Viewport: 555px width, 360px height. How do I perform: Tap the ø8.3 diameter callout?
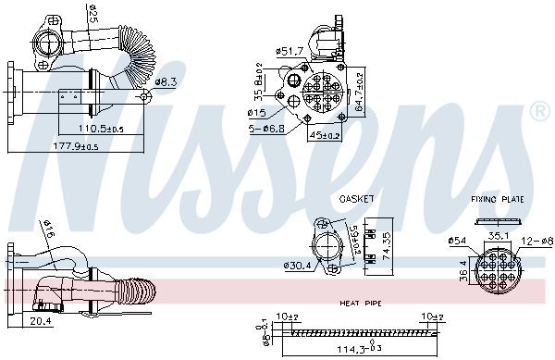(166, 81)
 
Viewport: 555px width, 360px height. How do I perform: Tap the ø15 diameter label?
(256, 113)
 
